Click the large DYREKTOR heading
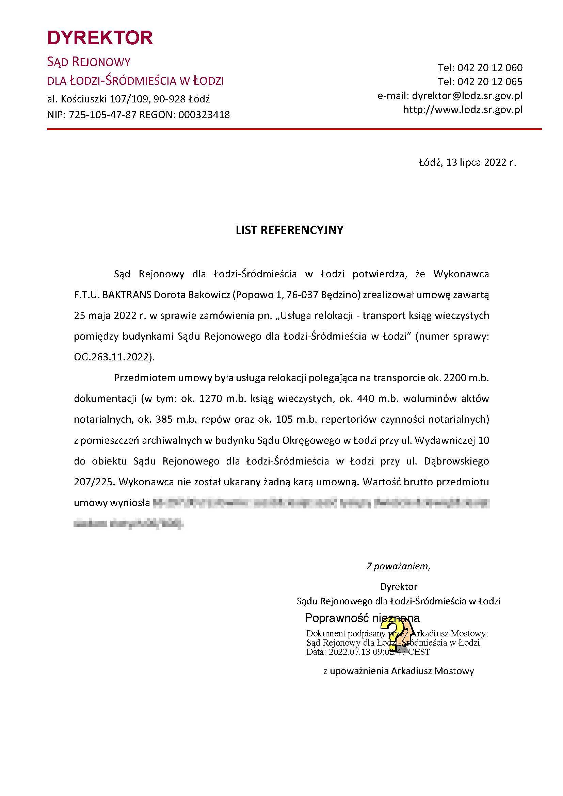coord(100,38)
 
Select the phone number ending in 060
coord(489,67)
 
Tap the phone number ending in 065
coord(489,81)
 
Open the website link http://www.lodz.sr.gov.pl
coord(463,110)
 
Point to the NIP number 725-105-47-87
coord(102,115)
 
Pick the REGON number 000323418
coord(204,115)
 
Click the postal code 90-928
coord(170,99)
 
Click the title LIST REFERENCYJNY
coord(289,230)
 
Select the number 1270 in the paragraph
coord(211,399)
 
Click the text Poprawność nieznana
coord(362,618)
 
